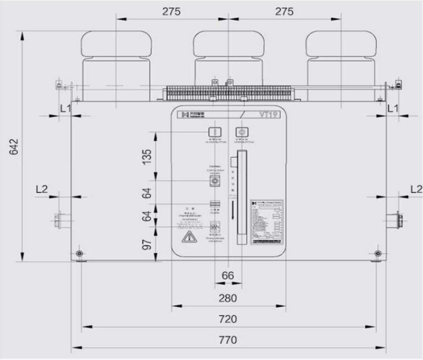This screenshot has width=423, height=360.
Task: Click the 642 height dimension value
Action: coord(14,146)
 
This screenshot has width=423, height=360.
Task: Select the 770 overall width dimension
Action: coord(228,340)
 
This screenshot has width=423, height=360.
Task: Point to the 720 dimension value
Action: coord(228,319)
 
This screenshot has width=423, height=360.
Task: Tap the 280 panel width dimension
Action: coord(228,298)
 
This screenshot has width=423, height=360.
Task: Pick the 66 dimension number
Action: coord(228,275)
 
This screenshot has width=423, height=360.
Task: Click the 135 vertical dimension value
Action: coord(147,156)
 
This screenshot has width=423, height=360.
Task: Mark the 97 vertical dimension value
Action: coord(147,244)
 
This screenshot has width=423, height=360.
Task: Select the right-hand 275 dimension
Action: coord(284,12)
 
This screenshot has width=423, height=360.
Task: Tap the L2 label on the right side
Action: coord(416,189)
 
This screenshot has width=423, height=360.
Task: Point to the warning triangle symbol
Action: coord(188,237)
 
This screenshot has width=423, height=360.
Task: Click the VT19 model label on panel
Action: coord(270,115)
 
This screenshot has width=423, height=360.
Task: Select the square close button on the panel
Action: coord(215,132)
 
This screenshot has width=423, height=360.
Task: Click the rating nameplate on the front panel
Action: coord(267,222)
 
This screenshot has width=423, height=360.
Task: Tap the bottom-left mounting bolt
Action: coord(80,254)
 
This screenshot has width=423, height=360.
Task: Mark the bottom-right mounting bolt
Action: coord(378,254)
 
